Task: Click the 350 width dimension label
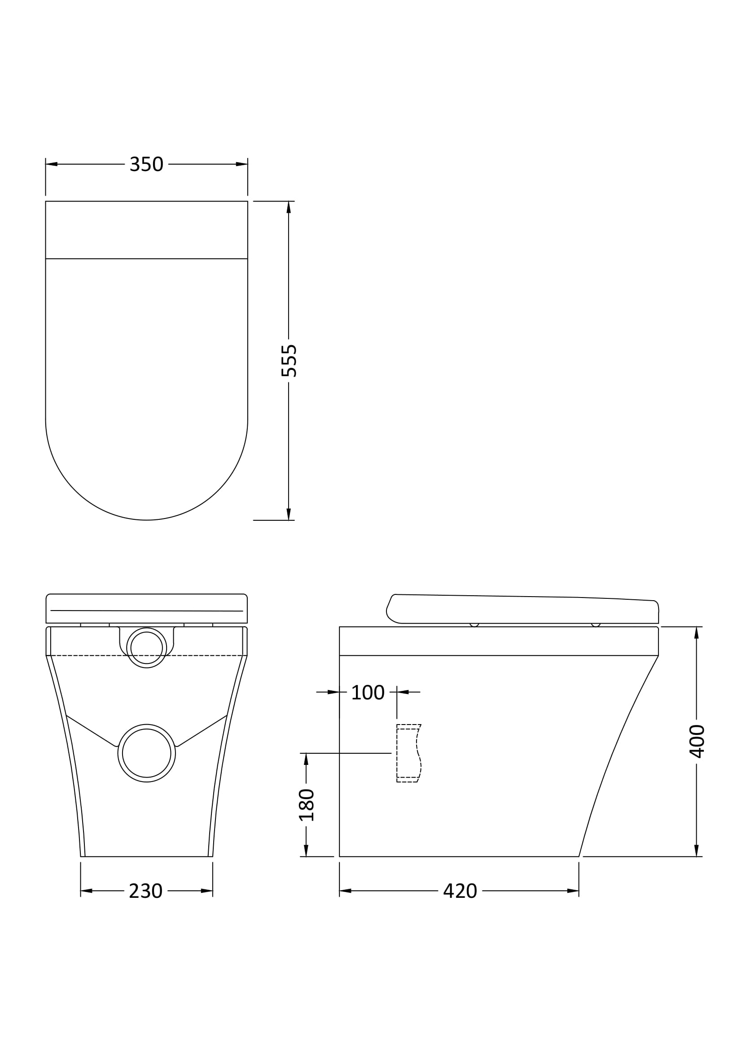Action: [146, 164]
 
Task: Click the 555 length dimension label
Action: [289, 361]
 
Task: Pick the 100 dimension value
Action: [368, 693]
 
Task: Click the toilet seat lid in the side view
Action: [521, 610]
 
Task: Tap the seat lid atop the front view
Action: [146, 608]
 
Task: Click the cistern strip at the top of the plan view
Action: [146, 229]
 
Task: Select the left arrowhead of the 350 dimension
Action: [51, 164]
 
